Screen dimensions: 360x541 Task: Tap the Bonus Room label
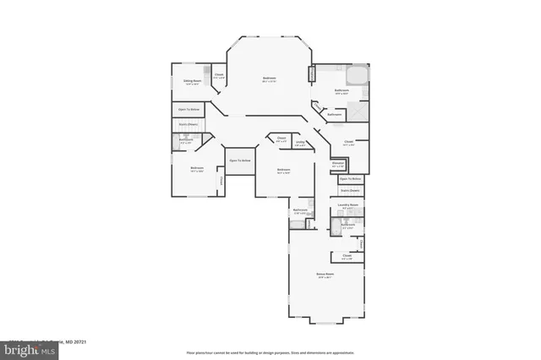(x=325, y=275)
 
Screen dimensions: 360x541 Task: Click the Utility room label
(x=301, y=143)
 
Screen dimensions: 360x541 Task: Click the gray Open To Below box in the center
(x=240, y=161)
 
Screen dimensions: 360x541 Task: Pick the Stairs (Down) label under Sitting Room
(x=188, y=124)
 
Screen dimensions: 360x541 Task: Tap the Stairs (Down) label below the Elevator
(x=350, y=191)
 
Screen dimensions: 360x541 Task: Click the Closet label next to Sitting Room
(x=218, y=75)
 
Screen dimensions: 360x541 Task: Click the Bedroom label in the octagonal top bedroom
(x=269, y=79)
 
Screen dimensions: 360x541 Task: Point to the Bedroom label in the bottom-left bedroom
(x=197, y=168)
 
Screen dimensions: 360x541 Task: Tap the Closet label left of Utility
(x=281, y=139)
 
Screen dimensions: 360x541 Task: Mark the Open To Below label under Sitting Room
(x=189, y=109)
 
